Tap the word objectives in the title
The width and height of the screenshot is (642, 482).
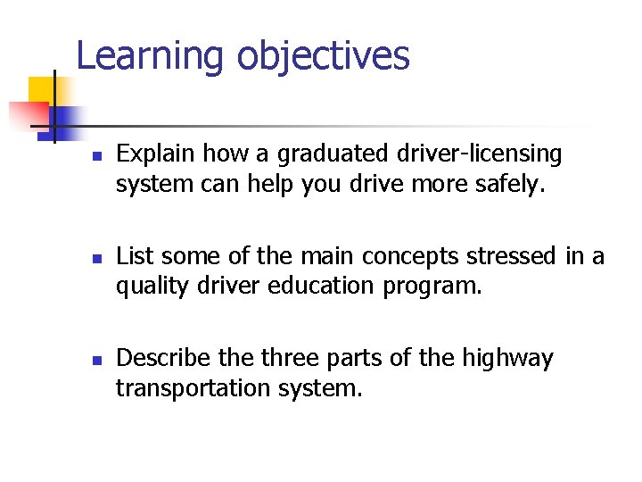[323, 55]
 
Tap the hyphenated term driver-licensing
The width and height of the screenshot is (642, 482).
[478, 154]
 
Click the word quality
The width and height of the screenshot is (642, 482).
[148, 287]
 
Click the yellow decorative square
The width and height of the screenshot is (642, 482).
[42, 90]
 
